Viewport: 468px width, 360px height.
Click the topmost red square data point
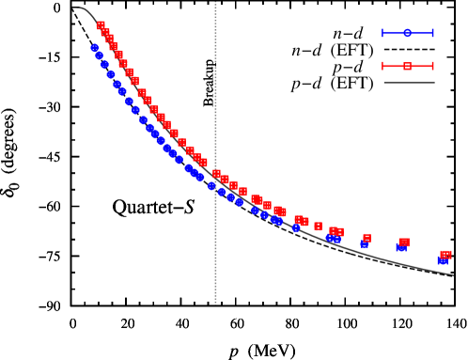101,25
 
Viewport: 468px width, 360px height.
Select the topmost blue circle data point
95,47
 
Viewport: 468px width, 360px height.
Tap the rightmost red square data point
445,254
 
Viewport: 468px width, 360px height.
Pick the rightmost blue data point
443,260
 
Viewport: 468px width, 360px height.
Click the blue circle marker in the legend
407,33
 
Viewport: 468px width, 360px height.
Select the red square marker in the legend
407,66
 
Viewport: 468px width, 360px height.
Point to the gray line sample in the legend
409,83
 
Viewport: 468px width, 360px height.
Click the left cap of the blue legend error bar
382,33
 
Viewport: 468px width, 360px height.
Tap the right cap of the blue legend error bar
432,33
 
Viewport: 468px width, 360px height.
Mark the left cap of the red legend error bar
382,66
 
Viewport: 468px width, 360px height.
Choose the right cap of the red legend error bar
432,66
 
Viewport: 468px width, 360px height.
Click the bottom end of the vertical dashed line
215,304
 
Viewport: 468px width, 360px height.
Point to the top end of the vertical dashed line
215,3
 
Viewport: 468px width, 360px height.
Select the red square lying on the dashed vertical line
216,174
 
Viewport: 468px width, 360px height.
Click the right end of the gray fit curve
453,274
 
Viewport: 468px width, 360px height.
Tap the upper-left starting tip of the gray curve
78,8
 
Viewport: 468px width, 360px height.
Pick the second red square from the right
403,243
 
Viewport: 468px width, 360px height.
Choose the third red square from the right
367,238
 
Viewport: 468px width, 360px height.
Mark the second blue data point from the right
401,247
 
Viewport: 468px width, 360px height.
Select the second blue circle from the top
99,55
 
